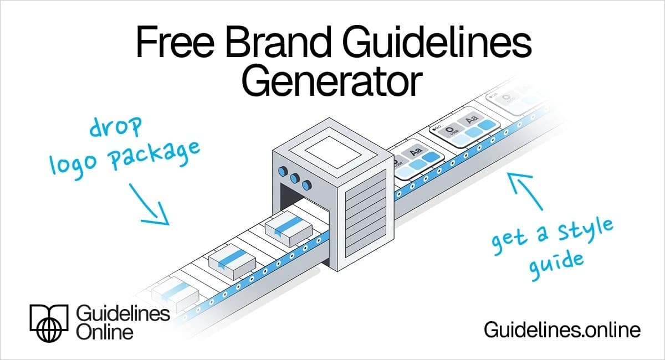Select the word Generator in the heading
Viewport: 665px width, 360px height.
(x=332, y=82)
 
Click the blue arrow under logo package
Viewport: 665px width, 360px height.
(x=149, y=204)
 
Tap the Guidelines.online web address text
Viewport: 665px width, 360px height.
(x=562, y=330)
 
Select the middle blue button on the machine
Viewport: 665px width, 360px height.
(x=294, y=178)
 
